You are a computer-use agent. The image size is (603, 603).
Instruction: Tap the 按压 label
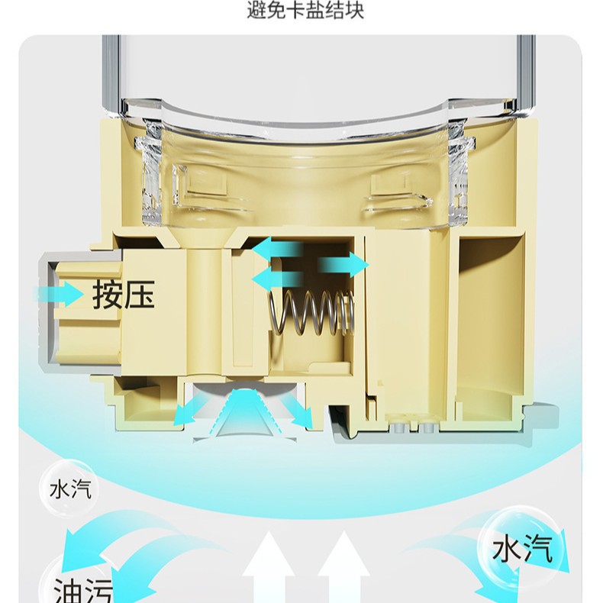[x=124, y=294]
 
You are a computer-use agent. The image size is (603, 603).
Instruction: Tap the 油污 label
[x=82, y=590]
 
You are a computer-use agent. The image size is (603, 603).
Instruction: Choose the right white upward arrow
[x=339, y=569]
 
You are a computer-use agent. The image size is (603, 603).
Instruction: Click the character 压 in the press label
[x=140, y=294]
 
